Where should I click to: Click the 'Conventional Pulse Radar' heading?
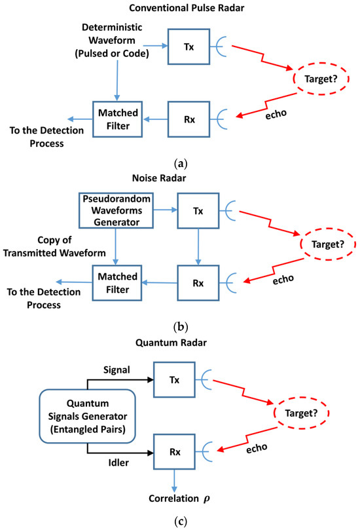click(x=179, y=9)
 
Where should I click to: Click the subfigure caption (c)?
click(x=179, y=523)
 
